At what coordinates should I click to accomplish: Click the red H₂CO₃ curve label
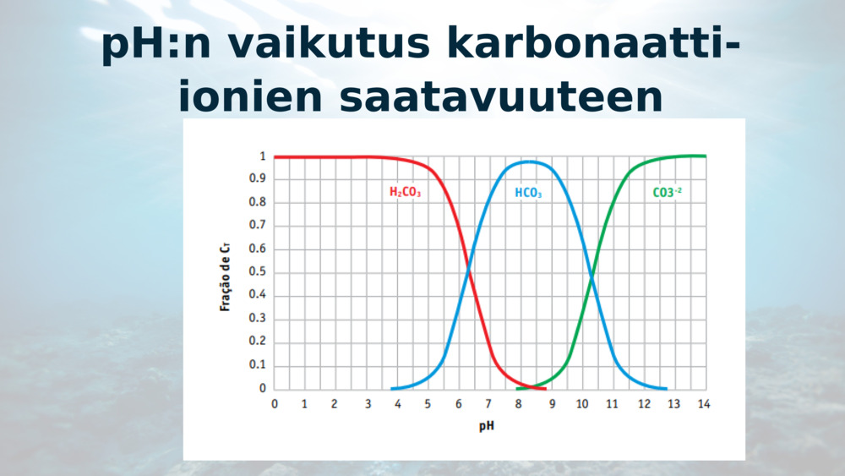405,192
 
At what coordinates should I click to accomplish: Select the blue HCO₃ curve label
528,193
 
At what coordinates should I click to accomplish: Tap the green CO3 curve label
668,193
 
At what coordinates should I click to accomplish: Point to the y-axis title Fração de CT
226,276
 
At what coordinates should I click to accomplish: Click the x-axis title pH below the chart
487,426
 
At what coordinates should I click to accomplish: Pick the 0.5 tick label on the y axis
257,271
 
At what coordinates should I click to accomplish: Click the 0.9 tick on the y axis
257,178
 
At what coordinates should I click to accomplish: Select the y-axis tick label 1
263,156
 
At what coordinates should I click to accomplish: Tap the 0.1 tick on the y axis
257,364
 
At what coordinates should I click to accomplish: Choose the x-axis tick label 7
488,404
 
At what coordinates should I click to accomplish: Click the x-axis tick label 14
704,404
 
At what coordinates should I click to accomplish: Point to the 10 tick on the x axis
582,404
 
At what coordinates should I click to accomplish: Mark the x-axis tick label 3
368,404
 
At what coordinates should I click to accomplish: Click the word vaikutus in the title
329,43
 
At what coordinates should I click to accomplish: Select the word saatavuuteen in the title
501,97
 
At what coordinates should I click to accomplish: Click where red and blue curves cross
468,269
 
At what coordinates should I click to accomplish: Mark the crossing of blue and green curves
591,277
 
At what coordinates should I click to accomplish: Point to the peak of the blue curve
529,161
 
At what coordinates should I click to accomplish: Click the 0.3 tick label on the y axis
257,318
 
